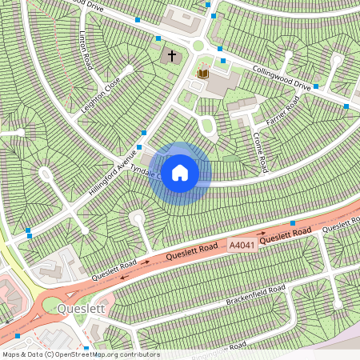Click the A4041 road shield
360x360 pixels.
click(x=242, y=244)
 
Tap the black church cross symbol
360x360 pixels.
click(x=171, y=57)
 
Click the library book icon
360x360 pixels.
click(x=203, y=74)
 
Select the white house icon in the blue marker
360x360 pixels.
click(x=180, y=172)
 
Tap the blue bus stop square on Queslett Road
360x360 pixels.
click(x=293, y=223)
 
